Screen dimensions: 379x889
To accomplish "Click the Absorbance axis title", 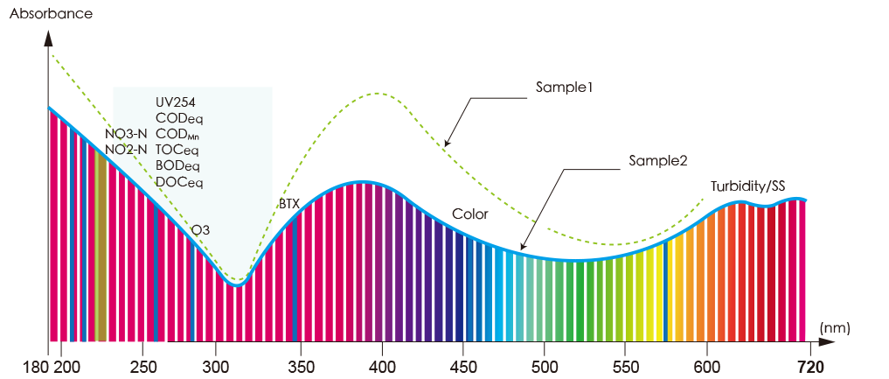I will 51,15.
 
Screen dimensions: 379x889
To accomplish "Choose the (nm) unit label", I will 834,326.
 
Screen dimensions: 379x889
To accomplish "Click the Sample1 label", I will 565,88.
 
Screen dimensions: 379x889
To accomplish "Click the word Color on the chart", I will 470,214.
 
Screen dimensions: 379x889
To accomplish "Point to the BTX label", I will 289,203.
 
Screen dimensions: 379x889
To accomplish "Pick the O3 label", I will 201,230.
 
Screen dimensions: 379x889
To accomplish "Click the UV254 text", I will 175,101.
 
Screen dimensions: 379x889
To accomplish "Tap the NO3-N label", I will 126,134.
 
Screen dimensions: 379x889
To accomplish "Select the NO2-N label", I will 126,150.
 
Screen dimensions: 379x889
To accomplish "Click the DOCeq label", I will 178,182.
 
